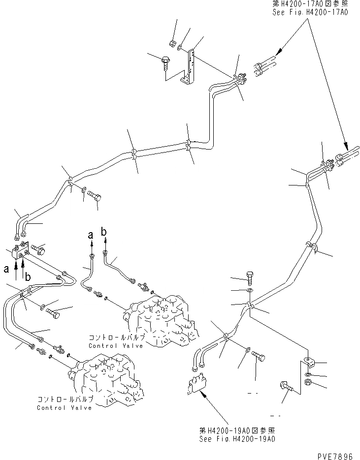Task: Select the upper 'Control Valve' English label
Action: [x=116, y=345]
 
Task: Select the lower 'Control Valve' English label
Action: [x=64, y=408]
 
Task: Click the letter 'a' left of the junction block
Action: [x=6, y=269]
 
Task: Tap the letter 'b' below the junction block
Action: [x=28, y=277]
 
